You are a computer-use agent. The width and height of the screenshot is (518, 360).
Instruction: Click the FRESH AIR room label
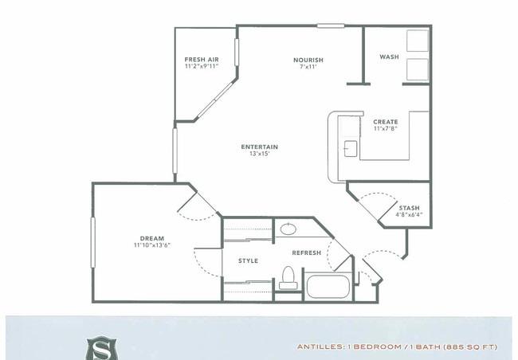pyautogui.click(x=202, y=60)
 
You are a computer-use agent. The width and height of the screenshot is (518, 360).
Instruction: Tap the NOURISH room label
pyautogui.click(x=308, y=60)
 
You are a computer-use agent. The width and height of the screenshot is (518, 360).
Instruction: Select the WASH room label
pyautogui.click(x=389, y=57)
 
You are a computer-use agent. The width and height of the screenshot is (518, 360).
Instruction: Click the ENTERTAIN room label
pyautogui.click(x=259, y=147)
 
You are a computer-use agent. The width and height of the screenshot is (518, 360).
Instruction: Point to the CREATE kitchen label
pyautogui.click(x=386, y=122)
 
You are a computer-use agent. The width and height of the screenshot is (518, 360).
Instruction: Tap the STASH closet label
pyautogui.click(x=409, y=208)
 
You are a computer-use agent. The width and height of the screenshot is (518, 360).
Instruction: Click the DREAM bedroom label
pyautogui.click(x=152, y=238)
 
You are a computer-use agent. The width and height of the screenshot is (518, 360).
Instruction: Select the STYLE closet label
pyautogui.click(x=248, y=261)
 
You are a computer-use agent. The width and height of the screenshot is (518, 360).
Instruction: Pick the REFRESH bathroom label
pyautogui.click(x=307, y=253)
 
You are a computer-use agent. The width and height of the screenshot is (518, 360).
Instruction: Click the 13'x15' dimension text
pyautogui.click(x=260, y=153)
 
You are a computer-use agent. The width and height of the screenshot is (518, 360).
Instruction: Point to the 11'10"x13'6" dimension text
pyautogui.click(x=152, y=245)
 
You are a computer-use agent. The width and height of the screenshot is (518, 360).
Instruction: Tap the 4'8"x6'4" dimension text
pyautogui.click(x=409, y=214)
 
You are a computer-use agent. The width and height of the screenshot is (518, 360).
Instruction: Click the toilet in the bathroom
pyautogui.click(x=288, y=278)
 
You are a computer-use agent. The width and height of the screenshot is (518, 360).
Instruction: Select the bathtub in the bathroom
pyautogui.click(x=328, y=286)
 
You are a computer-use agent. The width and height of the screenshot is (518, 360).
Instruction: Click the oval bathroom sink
pyautogui.click(x=288, y=229)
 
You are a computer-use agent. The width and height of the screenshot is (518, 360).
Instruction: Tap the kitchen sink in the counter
pyautogui.click(x=351, y=149)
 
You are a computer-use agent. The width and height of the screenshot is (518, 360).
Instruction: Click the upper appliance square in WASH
pyautogui.click(x=418, y=41)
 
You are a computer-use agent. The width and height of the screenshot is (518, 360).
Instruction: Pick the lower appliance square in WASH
pyautogui.click(x=418, y=69)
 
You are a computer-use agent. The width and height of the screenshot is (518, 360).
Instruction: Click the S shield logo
pyautogui.click(x=102, y=348)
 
